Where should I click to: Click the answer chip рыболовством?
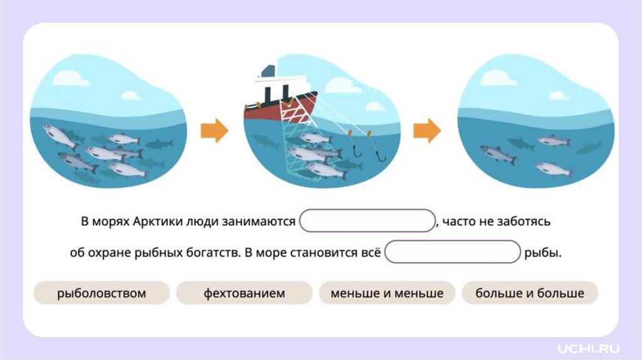click(x=101, y=293)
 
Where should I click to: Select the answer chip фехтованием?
click(x=244, y=293)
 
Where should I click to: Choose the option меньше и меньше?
click(x=387, y=293)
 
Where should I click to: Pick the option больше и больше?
click(x=530, y=293)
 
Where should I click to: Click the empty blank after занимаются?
click(x=367, y=221)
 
